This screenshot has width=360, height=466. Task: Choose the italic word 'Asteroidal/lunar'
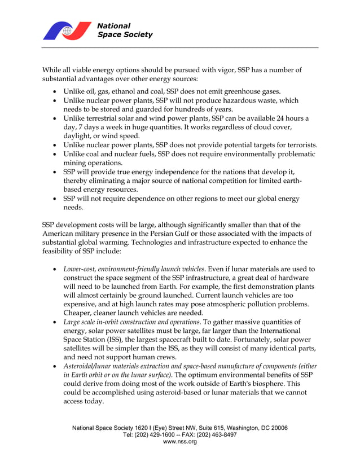pos(91,366)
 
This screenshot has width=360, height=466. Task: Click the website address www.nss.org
pos(179,442)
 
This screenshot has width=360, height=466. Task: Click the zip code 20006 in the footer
pos(278,428)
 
